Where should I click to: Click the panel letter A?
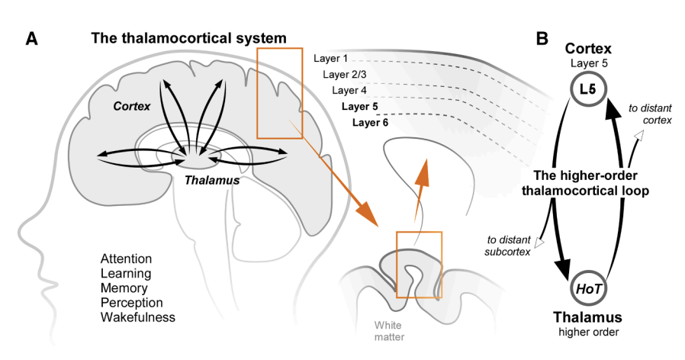[31, 39]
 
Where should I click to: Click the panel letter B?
[542, 38]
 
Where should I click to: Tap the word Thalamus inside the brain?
[212, 180]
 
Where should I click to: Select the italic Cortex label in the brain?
[131, 106]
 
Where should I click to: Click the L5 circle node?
[588, 89]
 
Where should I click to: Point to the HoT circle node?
[588, 288]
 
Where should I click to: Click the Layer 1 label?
[331, 59]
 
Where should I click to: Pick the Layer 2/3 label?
[344, 75]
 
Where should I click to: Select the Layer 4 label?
[349, 91]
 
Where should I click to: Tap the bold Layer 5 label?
[359, 106]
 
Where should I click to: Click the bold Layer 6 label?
[370, 122]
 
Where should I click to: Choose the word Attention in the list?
[127, 259]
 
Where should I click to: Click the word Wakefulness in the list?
[137, 317]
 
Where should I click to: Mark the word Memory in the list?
[124, 288]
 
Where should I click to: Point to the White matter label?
[389, 331]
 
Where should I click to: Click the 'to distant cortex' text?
[650, 114]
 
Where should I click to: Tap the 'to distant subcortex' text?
[507, 246]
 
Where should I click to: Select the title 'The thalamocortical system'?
[188, 38]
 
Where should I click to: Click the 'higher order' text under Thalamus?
[588, 332]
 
